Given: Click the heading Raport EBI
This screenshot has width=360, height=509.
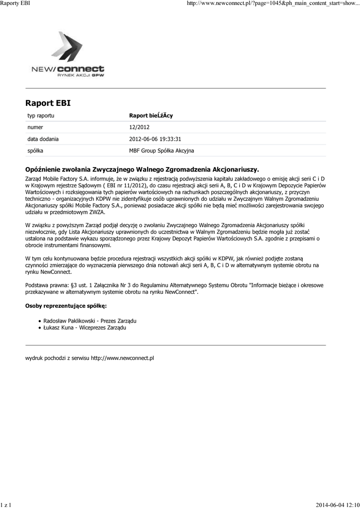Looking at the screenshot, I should (48, 103).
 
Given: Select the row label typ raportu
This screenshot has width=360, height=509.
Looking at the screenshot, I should (41, 115).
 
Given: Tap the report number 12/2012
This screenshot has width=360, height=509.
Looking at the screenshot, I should (139, 127).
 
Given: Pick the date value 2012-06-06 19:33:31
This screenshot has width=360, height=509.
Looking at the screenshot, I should (155, 139).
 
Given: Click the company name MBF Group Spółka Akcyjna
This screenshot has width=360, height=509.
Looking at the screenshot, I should (162, 150).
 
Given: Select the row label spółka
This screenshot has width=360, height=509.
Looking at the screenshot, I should (35, 150).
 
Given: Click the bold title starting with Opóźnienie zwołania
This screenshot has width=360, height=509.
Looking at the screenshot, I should (142, 169).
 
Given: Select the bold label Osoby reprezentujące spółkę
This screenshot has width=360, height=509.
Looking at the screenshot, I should (66, 305).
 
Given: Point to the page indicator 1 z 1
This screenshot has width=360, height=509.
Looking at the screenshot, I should (6, 505).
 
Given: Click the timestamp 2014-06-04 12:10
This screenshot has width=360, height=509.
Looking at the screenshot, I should (337, 505).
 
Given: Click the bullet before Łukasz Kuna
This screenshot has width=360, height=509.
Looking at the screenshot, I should (40, 328).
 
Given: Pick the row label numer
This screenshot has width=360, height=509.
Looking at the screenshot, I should (35, 127).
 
